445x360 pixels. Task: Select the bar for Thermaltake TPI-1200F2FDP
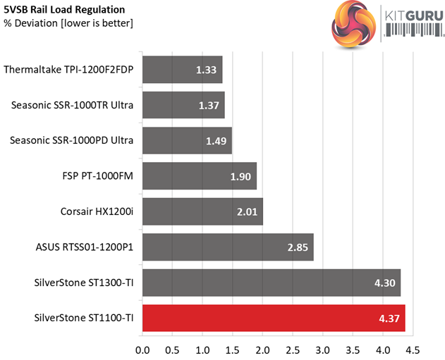pyautogui.click(x=183, y=69)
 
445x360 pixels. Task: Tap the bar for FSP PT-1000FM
pyautogui.click(x=200, y=175)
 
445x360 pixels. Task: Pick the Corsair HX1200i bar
pyautogui.click(x=202, y=211)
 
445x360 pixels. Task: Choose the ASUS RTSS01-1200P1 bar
pyautogui.click(x=228, y=247)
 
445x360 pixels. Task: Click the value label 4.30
pyautogui.click(x=384, y=283)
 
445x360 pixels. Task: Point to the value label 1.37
pyautogui.click(x=209, y=105)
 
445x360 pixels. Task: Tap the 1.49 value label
pyautogui.click(x=216, y=140)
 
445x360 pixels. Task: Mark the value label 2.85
pyautogui.click(x=297, y=247)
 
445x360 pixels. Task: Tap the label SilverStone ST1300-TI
pyautogui.click(x=84, y=283)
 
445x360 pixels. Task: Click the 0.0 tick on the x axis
pyautogui.click(x=142, y=349)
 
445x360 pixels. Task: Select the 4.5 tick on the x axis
pyautogui.click(x=413, y=349)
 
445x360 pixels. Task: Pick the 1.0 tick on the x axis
pyautogui.click(x=202, y=349)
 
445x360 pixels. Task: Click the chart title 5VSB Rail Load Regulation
pyautogui.click(x=65, y=10)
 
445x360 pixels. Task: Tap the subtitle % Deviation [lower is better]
pyautogui.click(x=68, y=23)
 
